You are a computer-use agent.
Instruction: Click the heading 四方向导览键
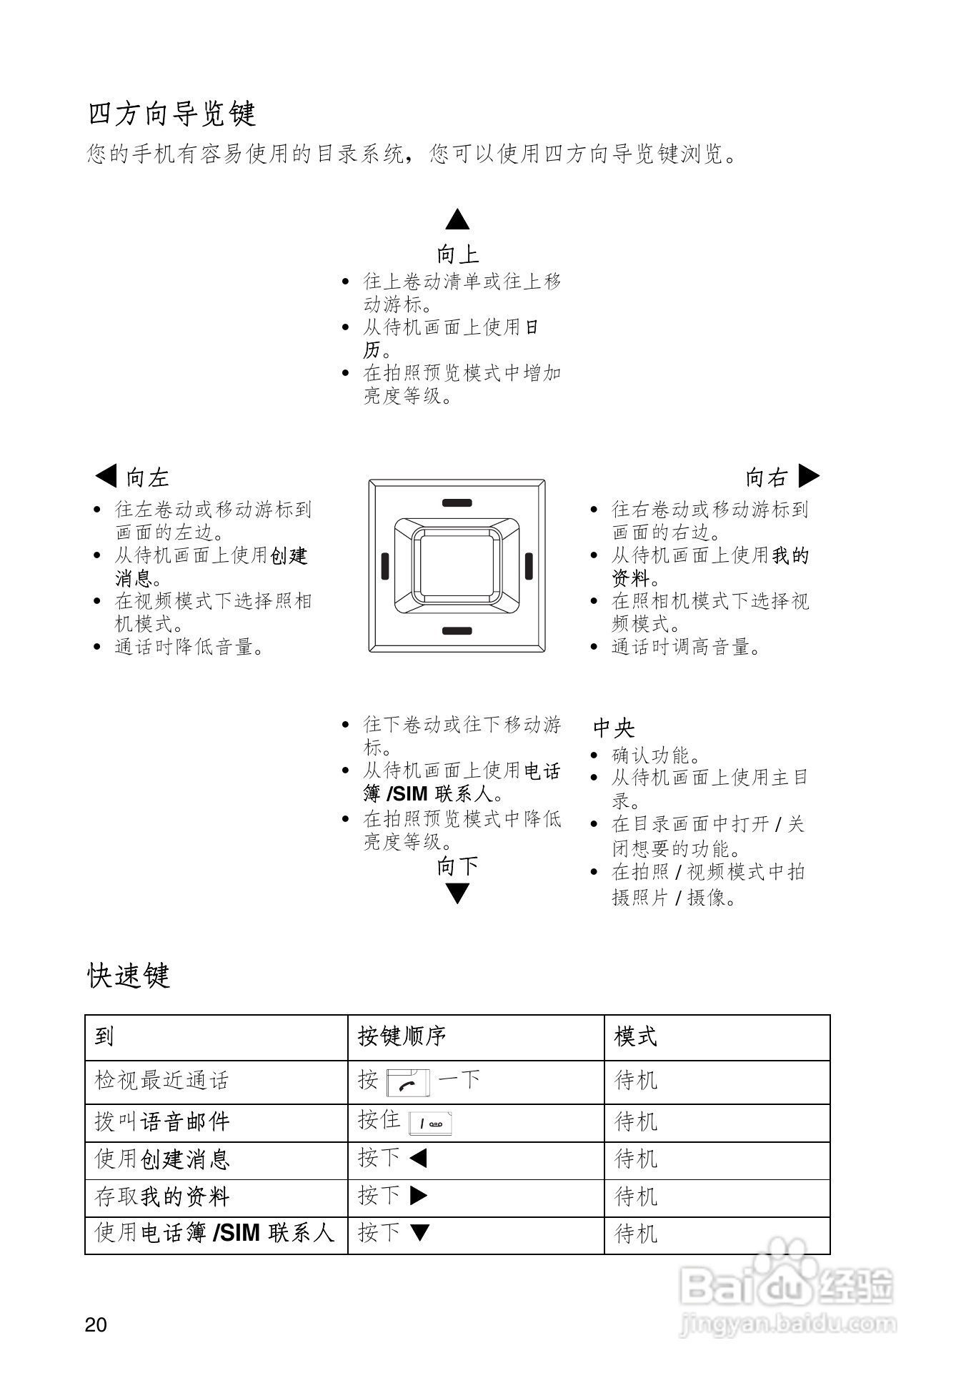[x=172, y=114]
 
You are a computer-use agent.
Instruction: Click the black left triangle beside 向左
[x=106, y=475]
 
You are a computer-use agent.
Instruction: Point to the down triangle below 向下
[x=457, y=893]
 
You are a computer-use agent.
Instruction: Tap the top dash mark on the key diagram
[x=457, y=502]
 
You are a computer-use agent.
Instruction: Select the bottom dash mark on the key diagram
[x=457, y=631]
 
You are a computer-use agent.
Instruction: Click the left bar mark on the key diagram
[x=384, y=566]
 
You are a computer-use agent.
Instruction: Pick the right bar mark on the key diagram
[x=529, y=566]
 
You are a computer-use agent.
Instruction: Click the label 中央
[x=614, y=728]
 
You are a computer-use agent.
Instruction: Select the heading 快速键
[x=129, y=976]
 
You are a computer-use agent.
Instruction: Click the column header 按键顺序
[x=402, y=1036]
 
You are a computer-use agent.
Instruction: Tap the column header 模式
[x=635, y=1036]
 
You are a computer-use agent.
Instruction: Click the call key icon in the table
[x=408, y=1083]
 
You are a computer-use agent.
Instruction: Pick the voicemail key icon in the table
[x=430, y=1124]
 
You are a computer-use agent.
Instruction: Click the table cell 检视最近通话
[x=162, y=1080]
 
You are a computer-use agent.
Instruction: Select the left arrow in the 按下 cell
[x=419, y=1158]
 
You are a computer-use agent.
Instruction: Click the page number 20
[x=96, y=1324]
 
